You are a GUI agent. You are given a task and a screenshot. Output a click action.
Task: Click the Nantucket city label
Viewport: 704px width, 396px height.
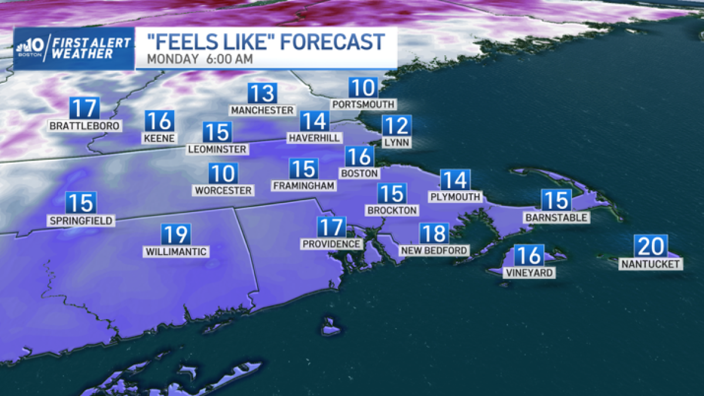[x=651, y=264]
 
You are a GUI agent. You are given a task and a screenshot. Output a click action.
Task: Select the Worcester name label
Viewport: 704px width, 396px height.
[x=224, y=191]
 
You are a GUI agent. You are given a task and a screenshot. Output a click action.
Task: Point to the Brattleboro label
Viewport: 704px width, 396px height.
[x=84, y=126]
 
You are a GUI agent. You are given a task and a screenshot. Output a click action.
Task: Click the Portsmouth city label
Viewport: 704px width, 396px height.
[x=363, y=104]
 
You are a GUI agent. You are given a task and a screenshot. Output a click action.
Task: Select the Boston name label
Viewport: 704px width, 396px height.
[x=360, y=174]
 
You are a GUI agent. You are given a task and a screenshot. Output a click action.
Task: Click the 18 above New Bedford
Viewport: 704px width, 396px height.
[x=434, y=233]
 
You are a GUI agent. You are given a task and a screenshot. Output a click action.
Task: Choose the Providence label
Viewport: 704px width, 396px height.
[x=331, y=243]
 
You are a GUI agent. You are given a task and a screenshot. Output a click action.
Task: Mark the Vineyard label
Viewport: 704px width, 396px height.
[x=529, y=273]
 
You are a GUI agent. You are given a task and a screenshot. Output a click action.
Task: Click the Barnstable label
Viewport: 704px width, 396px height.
[x=556, y=218]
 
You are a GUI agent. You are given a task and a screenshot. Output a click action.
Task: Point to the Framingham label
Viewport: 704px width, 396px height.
[x=304, y=185]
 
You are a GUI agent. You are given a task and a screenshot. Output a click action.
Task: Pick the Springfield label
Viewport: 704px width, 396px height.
[x=81, y=221]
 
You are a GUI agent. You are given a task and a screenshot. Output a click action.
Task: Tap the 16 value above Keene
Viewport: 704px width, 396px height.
[x=159, y=121]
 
